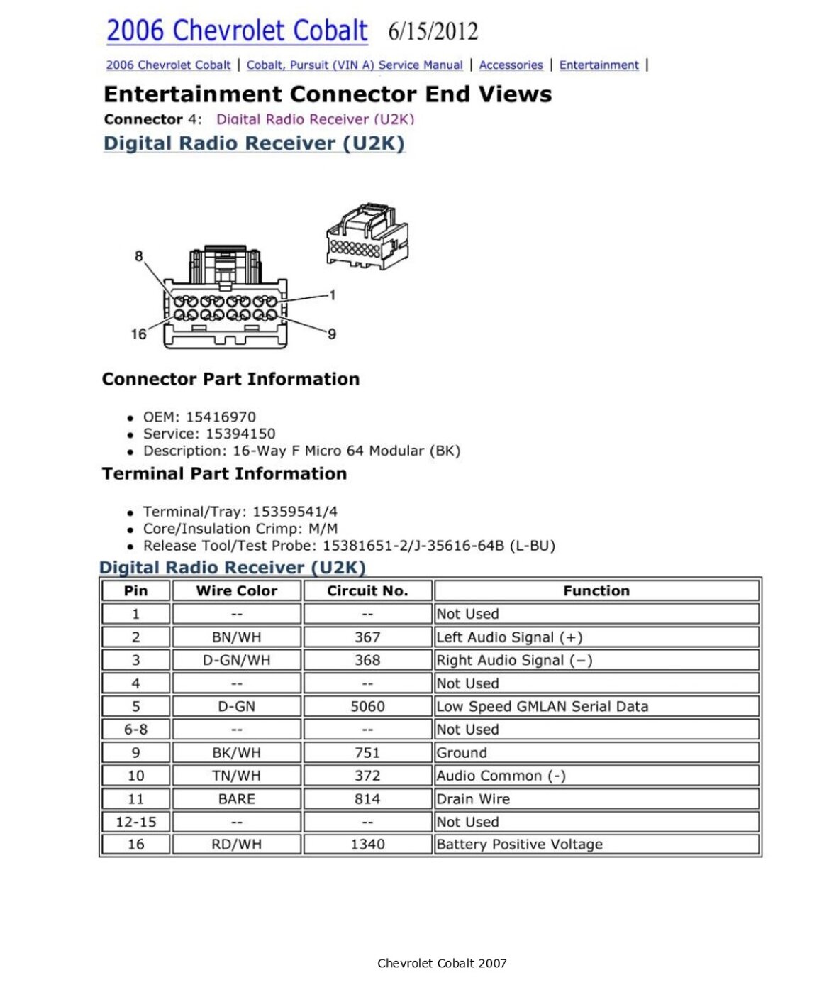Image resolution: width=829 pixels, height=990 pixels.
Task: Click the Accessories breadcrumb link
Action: (x=511, y=65)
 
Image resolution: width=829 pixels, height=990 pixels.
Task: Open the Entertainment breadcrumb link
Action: (x=599, y=65)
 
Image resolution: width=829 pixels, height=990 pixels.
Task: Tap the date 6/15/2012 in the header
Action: (x=433, y=32)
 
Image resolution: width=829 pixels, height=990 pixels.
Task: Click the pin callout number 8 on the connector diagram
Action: (x=139, y=256)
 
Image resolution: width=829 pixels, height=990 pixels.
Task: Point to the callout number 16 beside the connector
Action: (x=138, y=334)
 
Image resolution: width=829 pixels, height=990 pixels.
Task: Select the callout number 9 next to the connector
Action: (x=332, y=334)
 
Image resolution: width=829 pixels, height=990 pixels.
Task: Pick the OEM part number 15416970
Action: (x=221, y=417)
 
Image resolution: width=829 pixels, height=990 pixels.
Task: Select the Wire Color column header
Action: (x=237, y=590)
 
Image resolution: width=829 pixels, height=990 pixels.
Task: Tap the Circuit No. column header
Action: (x=367, y=590)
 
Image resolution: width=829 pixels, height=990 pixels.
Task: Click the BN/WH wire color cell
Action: (x=237, y=637)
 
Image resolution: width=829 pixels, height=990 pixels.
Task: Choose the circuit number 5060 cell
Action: (x=367, y=706)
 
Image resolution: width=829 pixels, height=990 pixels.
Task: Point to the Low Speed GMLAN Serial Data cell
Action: (x=542, y=706)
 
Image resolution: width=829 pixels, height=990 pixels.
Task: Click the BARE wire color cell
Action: (x=237, y=798)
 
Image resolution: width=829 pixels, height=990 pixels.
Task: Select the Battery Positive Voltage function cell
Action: (x=519, y=845)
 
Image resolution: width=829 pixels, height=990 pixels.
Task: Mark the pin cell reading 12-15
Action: (x=135, y=822)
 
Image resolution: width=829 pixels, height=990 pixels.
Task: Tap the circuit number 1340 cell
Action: (x=367, y=845)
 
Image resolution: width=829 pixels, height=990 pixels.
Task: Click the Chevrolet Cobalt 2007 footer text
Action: (x=442, y=963)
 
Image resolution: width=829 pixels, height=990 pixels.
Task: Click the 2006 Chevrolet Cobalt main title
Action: (x=237, y=31)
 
